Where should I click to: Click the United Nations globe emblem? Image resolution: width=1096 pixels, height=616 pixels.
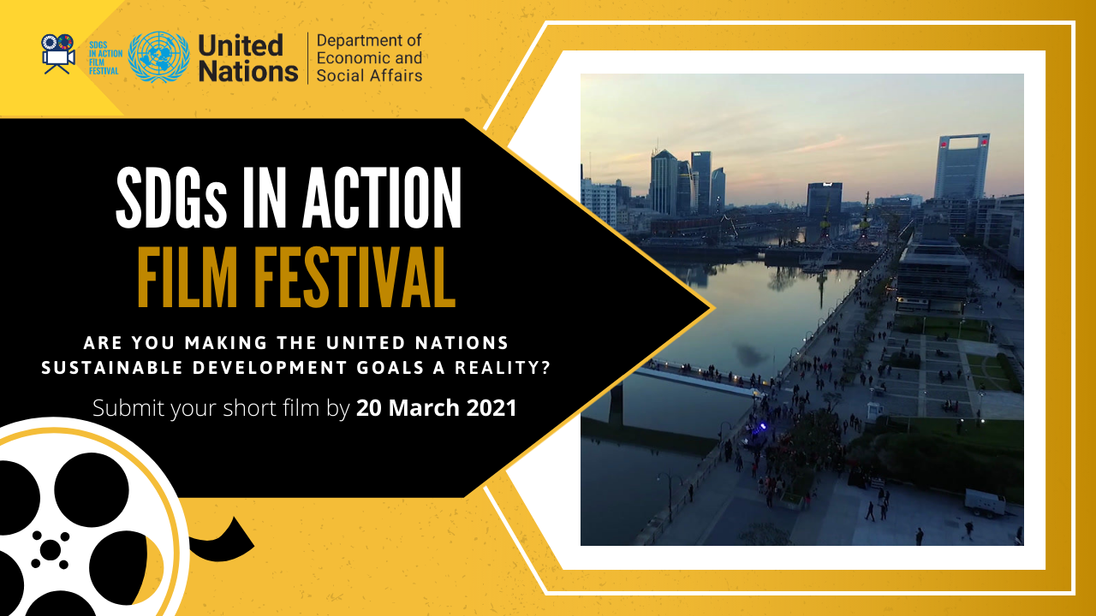[x=158, y=57]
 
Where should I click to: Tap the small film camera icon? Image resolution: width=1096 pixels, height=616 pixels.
[x=58, y=54]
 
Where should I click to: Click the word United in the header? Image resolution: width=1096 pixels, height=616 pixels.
[x=241, y=45]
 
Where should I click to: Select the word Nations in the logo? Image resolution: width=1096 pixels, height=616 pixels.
[x=248, y=71]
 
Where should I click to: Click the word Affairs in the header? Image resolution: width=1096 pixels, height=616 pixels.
[x=396, y=75]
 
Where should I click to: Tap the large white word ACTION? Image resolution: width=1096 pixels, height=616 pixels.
[x=382, y=198]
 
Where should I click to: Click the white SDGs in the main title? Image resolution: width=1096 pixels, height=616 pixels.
[x=171, y=198]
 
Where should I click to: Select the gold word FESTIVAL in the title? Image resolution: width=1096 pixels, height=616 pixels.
[x=354, y=277]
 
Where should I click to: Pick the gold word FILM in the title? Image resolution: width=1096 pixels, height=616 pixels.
[x=188, y=277]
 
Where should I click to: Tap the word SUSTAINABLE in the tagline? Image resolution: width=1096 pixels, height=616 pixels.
[x=112, y=368]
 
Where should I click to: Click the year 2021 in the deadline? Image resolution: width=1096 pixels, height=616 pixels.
[x=491, y=408]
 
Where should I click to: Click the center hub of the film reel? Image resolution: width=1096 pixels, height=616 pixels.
[x=51, y=549]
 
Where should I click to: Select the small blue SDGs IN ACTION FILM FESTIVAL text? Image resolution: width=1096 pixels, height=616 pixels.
[x=105, y=57]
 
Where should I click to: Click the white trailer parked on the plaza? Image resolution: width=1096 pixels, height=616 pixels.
[x=985, y=502]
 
